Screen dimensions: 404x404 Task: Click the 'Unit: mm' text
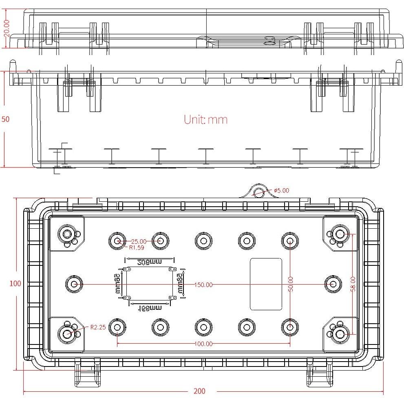click(205, 119)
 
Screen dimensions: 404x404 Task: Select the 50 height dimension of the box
click(5, 119)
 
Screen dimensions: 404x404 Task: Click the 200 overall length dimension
click(199, 391)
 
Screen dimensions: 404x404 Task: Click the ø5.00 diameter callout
click(281, 190)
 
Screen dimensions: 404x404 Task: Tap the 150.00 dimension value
click(203, 285)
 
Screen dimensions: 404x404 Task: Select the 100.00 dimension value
click(203, 344)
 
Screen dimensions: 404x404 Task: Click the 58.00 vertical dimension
click(353, 285)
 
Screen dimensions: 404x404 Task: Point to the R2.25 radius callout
click(98, 327)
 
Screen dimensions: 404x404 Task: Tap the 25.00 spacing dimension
click(139, 241)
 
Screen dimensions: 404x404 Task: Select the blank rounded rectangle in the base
click(266, 284)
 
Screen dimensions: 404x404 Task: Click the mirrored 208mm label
click(149, 261)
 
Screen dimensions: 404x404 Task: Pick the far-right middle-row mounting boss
click(333, 284)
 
